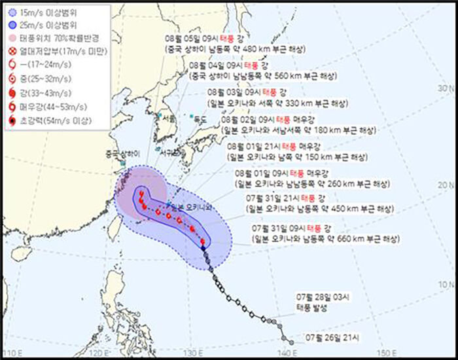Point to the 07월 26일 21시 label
[x=332, y=338]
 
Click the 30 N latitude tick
[x=446, y=88]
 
